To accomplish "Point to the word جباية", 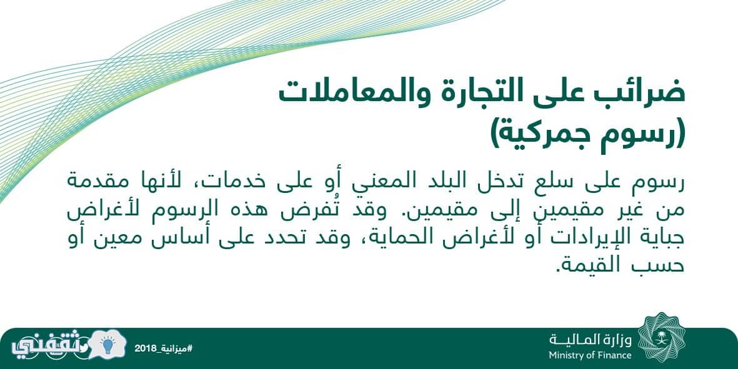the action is [659, 238].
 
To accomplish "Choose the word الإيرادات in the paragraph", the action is [579, 237].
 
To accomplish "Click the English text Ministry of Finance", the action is [590, 355].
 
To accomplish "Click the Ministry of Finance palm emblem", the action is [661, 336].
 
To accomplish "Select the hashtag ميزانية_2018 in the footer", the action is [164, 348].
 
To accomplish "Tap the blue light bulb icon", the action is [108, 346].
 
